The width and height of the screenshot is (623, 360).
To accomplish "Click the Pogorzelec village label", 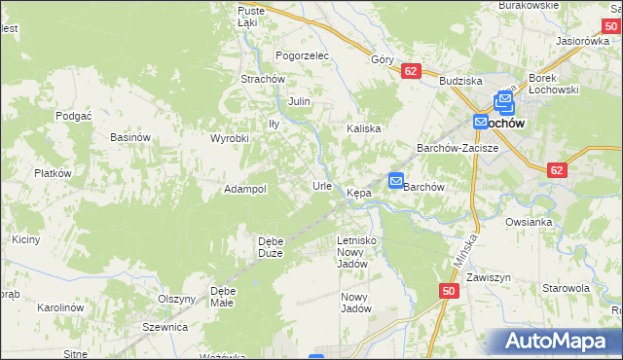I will pos(303,55).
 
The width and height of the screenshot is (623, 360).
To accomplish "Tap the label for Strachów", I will pos(262,79).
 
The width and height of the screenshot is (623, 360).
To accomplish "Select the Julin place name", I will pos(299,100).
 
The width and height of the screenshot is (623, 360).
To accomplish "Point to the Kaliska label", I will pos(363,128).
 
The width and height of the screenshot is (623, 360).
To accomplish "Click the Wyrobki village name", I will pos(231,138).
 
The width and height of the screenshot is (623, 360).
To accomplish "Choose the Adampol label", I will pos(245,189).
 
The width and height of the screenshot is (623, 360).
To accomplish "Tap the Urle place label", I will pos(322,185).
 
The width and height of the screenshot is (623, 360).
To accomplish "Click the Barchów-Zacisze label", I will pos(458,148).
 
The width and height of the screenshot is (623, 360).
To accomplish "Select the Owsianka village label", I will pos(529,222).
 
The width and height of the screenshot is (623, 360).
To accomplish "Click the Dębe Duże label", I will pos(270,247).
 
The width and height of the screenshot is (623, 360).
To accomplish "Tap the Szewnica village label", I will pos(165,327).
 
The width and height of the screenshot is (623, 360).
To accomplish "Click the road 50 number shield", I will pos(448,291).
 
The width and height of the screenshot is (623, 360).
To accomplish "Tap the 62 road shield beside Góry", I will pos(410,71).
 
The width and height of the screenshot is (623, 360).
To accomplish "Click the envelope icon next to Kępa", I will pos(396,180).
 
